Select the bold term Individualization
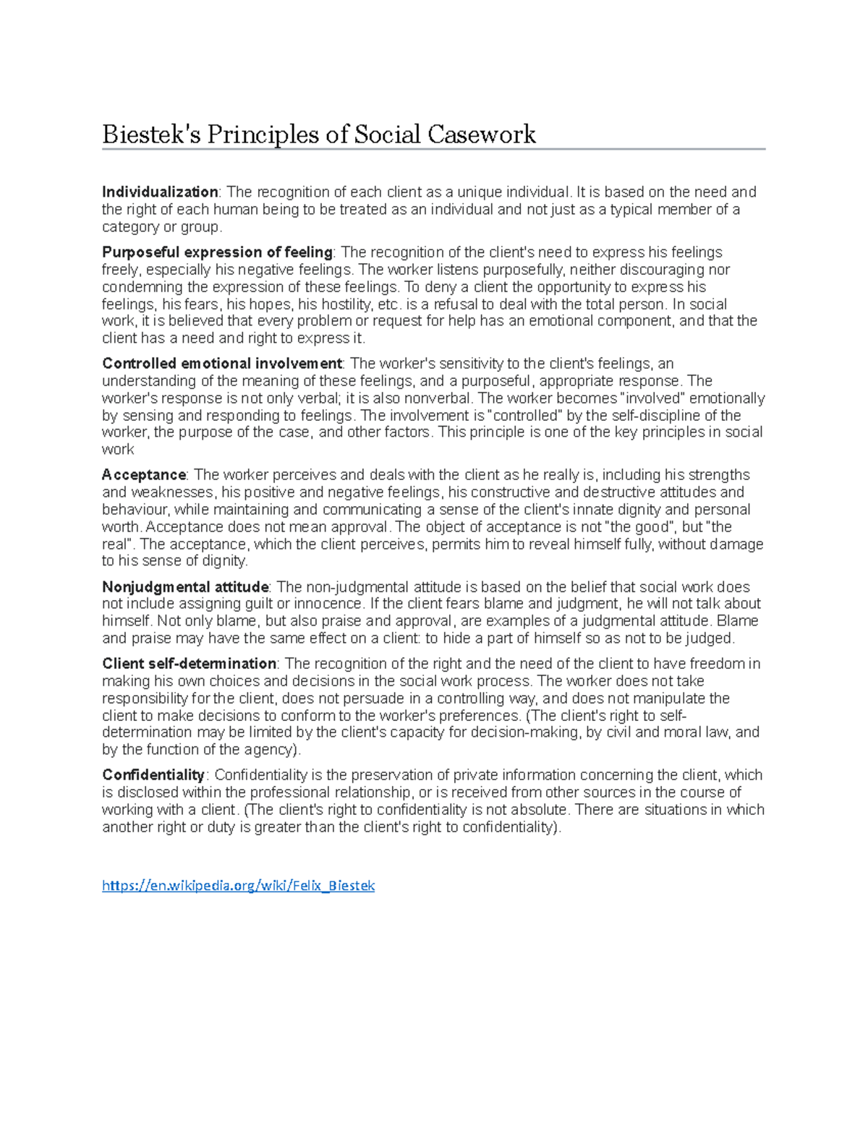click(160, 192)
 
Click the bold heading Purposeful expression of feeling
click(217, 252)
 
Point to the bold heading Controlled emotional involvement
click(221, 364)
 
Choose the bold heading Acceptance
click(144, 475)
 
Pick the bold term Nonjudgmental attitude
click(185, 587)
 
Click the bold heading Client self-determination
click(189, 664)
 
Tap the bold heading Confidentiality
click(153, 775)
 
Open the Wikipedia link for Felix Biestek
click(238, 886)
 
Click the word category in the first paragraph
click(130, 227)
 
